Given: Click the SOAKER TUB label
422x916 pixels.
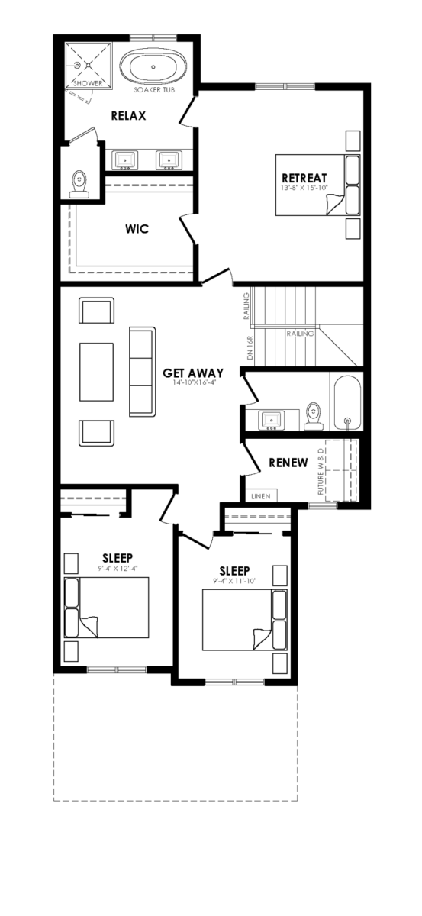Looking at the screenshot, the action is pos(154,89).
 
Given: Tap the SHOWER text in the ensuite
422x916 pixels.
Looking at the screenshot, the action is pos(88,83).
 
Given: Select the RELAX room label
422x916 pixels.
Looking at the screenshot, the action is pos(128,116).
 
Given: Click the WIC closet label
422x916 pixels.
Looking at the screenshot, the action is pos(137,228).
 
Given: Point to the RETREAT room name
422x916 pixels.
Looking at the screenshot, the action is pos(304,178).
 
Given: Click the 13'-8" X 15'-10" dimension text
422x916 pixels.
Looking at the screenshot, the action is pos(304,188).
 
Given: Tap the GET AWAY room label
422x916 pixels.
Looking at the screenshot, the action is pos(193,373).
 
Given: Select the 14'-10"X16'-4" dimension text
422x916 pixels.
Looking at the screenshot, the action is pos(192,382).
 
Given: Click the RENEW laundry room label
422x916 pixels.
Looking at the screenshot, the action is pos(288,463).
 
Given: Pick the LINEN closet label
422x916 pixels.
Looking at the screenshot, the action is pos(261,496).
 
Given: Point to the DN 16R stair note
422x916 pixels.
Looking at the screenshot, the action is pos(250,347).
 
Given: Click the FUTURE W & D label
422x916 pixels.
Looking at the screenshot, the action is pos(321,471).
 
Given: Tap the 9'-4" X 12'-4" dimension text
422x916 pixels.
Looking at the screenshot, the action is pos(118,569).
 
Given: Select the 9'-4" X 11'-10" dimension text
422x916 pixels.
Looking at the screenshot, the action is pos(234,582).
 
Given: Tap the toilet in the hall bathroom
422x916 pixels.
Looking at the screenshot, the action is pos(314,416).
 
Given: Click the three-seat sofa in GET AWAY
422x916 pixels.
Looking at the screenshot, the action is pos(142,372).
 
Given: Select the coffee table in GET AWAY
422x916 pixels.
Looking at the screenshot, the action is pos(96,372).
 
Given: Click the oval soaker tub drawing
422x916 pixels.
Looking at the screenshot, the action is pos(153,66).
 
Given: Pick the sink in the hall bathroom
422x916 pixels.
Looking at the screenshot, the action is pos(272,421).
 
